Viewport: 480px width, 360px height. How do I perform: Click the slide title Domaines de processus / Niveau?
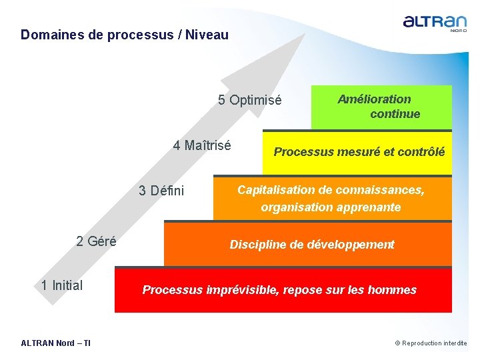tap(124, 35)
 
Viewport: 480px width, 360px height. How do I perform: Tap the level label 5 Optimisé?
tap(250, 101)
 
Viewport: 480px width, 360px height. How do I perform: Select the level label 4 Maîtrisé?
tap(202, 145)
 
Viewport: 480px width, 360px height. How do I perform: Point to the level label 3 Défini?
tap(161, 191)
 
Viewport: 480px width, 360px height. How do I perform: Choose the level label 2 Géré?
tap(96, 241)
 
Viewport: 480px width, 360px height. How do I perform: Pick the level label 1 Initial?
tap(62, 285)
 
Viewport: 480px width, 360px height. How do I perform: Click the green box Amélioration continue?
tap(381, 107)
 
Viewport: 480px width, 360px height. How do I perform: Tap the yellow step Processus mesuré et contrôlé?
tap(359, 152)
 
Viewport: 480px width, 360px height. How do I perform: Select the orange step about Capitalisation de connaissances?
tap(331, 198)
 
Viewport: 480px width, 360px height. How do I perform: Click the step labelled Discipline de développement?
tap(312, 245)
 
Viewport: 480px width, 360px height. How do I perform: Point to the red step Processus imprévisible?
tap(279, 290)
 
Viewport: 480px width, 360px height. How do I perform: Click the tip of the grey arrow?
tap(303, 35)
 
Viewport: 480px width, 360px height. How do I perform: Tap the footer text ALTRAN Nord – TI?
tap(56, 343)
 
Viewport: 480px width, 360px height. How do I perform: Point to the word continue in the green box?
tap(395, 114)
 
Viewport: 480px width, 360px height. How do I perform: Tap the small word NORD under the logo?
tap(458, 30)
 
